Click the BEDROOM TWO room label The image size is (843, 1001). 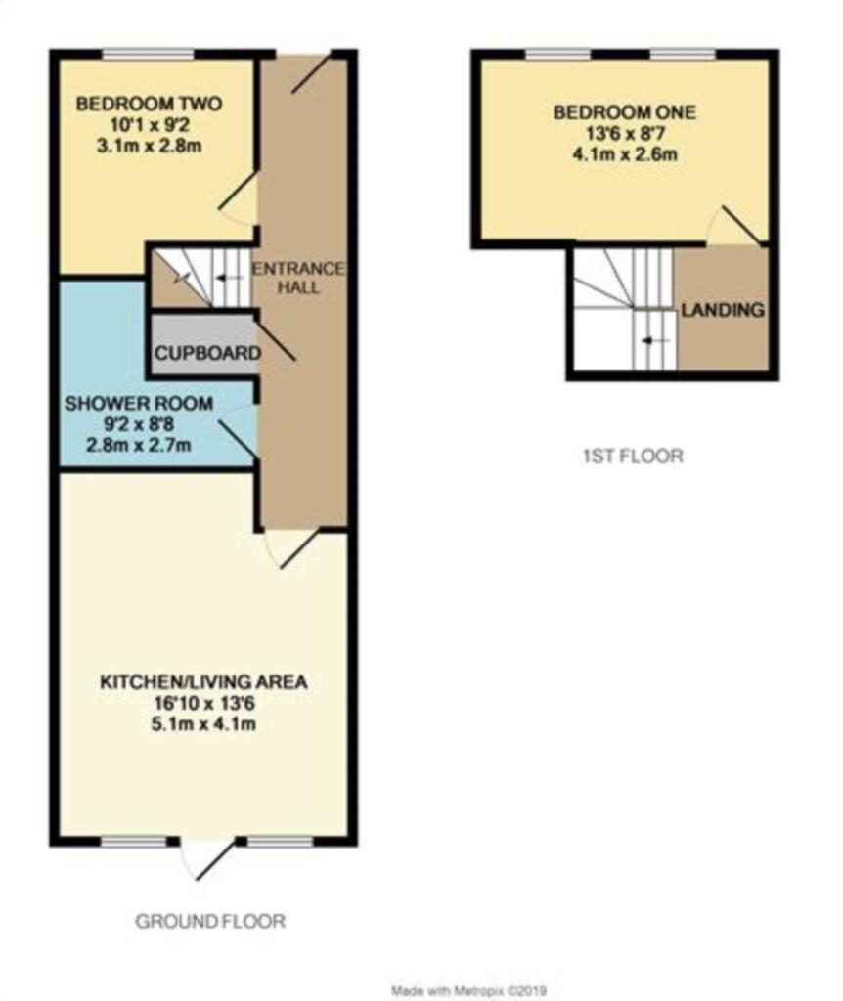(x=150, y=104)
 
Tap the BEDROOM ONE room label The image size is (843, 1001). (x=625, y=112)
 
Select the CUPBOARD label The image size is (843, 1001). (x=204, y=353)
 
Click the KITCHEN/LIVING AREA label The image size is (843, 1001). (x=204, y=681)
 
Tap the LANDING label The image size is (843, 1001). (x=723, y=311)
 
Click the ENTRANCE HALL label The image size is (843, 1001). (x=298, y=278)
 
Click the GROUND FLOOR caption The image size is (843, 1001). (x=210, y=921)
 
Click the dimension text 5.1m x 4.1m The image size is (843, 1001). (x=204, y=724)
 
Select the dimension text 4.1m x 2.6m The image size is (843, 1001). (x=625, y=154)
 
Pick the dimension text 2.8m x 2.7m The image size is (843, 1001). (x=126, y=446)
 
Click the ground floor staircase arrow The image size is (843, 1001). (x=228, y=277)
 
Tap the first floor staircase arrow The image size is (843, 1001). (x=654, y=340)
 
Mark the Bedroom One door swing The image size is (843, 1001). (x=733, y=225)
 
